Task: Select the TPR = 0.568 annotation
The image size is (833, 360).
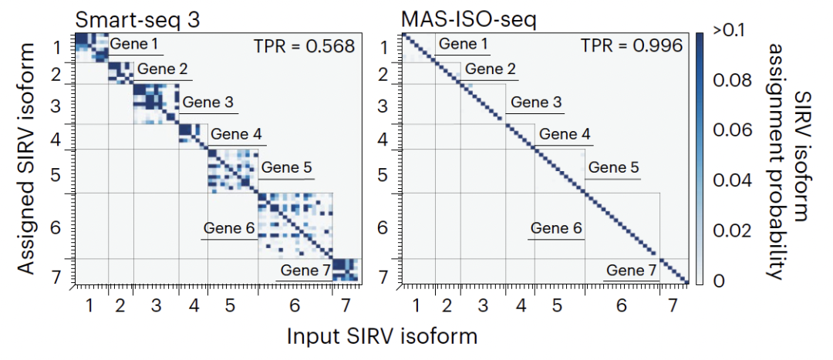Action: point(305,46)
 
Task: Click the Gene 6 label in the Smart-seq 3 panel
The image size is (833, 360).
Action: point(229,228)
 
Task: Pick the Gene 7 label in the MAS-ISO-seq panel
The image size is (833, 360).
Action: point(632,271)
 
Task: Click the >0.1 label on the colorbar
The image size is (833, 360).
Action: point(727,32)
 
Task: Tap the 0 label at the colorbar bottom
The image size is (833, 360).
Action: point(718,281)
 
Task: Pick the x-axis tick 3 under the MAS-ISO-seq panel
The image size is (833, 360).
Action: point(483,305)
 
